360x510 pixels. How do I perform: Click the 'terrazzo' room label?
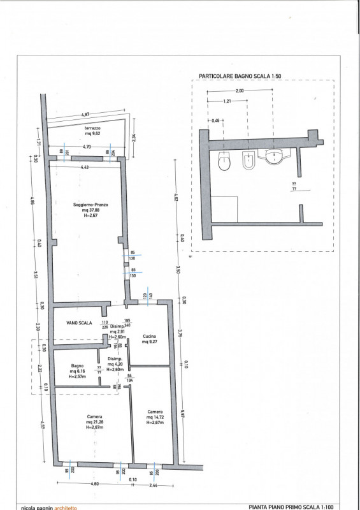[93, 127]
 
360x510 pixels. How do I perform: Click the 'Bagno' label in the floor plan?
[78, 365]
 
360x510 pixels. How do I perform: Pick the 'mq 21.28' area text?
[95, 423]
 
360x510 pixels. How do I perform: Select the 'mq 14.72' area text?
[155, 417]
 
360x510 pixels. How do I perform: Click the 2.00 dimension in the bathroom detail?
[240, 91]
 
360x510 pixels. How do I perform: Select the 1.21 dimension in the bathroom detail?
[227, 102]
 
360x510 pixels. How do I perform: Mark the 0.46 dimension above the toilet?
[215, 120]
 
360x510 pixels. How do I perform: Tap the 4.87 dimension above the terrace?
[85, 115]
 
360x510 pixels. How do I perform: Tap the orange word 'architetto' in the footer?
[65, 507]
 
